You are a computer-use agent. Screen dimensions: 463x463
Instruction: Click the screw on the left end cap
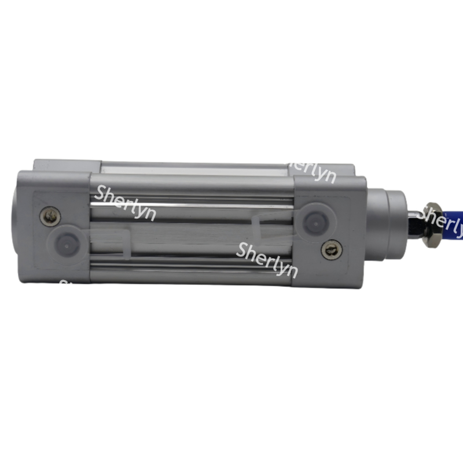[x=51, y=217]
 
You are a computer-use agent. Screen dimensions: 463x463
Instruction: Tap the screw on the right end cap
[x=331, y=249]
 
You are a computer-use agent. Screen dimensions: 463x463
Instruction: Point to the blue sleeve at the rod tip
[x=455, y=223]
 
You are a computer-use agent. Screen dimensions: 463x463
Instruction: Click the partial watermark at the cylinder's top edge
[x=313, y=170]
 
